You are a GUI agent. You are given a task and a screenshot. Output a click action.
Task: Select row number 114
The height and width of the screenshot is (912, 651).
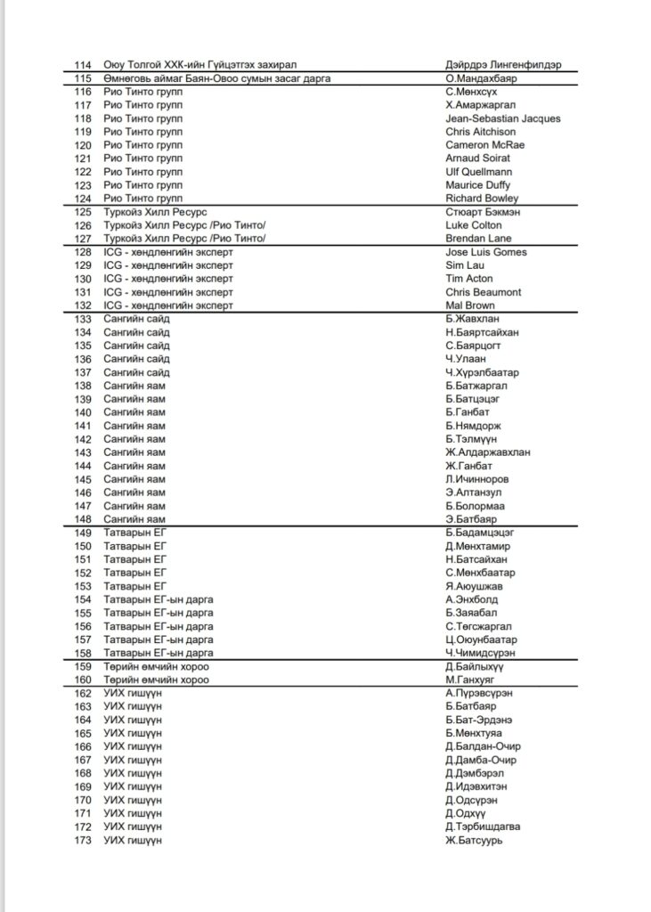(85, 65)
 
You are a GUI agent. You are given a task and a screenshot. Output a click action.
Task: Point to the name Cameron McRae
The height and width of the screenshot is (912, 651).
(484, 145)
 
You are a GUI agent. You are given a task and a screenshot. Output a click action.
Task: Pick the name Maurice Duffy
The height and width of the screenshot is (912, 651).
(477, 185)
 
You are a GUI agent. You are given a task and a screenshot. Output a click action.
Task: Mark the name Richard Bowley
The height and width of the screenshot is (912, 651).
(481, 199)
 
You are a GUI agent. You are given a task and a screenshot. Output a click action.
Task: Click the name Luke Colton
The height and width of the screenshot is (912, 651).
(474, 225)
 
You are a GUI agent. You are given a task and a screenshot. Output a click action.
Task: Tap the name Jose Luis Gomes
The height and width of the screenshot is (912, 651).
(485, 252)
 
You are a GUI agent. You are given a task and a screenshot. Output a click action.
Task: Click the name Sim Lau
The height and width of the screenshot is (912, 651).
(464, 265)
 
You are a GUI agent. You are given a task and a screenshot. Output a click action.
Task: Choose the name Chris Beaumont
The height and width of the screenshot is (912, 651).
(483, 292)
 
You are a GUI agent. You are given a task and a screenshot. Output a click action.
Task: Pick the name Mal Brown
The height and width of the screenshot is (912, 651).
(470, 305)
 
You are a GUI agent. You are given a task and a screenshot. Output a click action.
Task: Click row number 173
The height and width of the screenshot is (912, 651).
(85, 840)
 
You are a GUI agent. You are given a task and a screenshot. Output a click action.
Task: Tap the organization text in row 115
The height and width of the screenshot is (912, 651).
(217, 78)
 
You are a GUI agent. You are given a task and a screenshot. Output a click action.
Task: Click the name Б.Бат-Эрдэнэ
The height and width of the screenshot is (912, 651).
(478, 720)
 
